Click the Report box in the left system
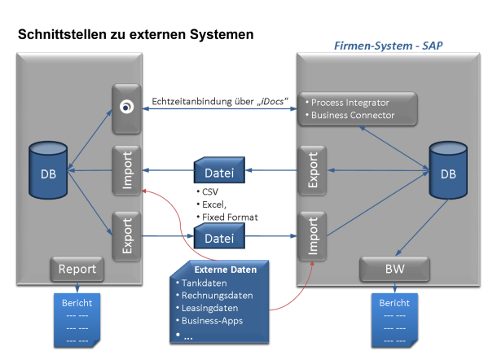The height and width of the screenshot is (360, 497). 76,269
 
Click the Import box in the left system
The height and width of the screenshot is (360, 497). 127,169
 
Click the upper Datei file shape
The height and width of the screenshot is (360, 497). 219,171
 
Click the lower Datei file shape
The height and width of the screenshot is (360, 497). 219,237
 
